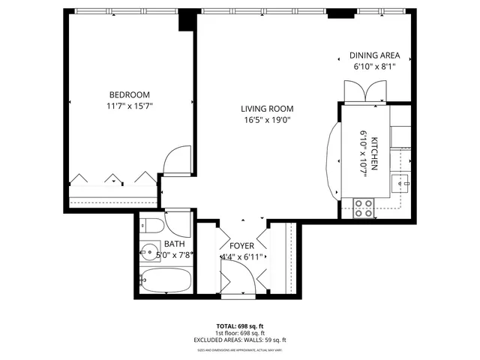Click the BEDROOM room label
[130, 94]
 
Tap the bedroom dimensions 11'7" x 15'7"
[130, 106]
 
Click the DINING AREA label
[375, 55]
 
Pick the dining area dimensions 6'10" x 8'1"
[375, 67]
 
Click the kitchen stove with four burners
[364, 208]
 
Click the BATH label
[175, 244]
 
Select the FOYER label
[242, 246]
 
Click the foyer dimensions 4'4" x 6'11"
[241, 257]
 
